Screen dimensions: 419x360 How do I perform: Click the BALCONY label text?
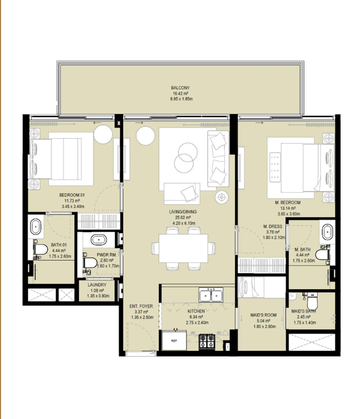[180, 88]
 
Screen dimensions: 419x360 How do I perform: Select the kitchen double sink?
[211, 296]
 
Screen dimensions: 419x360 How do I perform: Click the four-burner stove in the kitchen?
[207, 342]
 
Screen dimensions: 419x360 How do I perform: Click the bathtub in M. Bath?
[327, 232]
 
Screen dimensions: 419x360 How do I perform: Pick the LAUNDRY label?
[97, 285]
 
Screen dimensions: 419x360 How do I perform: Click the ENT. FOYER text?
[142, 306]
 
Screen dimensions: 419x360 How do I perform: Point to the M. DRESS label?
[273, 226]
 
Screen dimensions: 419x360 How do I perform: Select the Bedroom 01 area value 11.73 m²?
[72, 201]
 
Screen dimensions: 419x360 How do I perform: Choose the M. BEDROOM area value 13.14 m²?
[288, 208]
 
